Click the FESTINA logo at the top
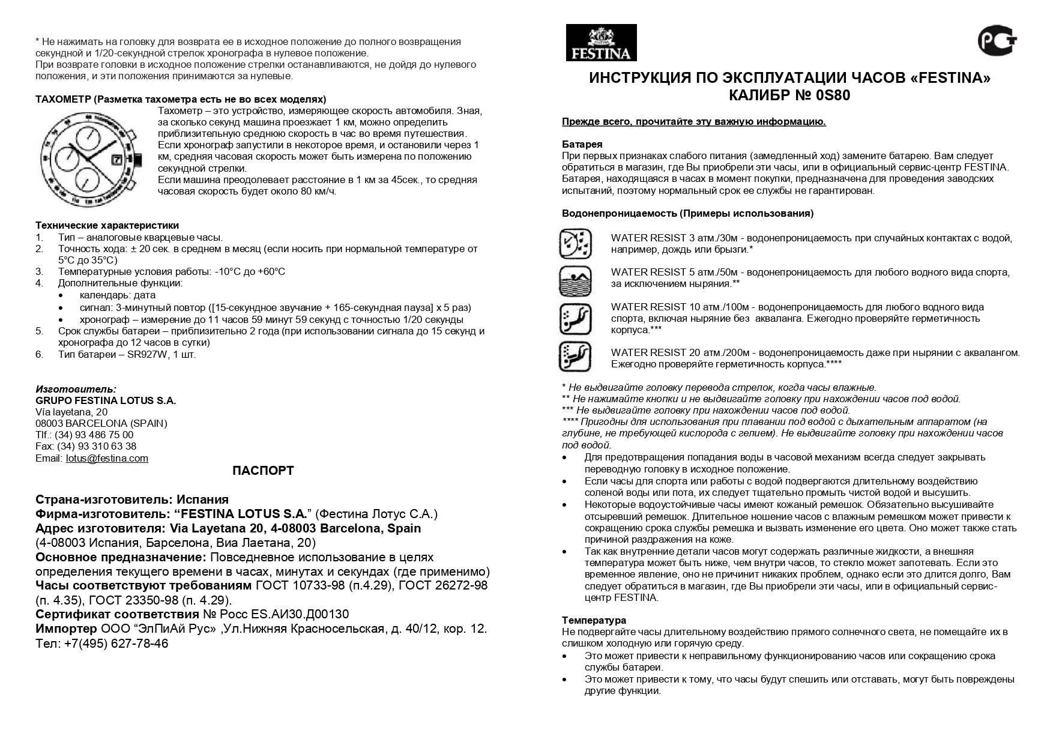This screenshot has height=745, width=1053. pyautogui.click(x=601, y=43)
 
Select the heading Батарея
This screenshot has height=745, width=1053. pyautogui.click(x=582, y=145)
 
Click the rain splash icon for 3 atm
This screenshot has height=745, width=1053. pyautogui.click(x=575, y=244)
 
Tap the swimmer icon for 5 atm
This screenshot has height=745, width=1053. pyautogui.click(x=575, y=280)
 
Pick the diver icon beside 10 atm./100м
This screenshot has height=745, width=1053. pyautogui.click(x=575, y=319)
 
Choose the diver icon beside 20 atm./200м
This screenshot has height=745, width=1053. pyautogui.click(x=575, y=357)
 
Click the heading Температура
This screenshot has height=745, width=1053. pyautogui.click(x=594, y=620)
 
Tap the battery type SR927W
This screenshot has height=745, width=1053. pyautogui.click(x=148, y=354)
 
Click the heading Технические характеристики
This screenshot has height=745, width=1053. pyautogui.click(x=107, y=226)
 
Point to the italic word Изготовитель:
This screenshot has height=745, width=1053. pyautogui.click(x=76, y=389)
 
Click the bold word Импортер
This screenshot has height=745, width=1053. pyautogui.click(x=66, y=629)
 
